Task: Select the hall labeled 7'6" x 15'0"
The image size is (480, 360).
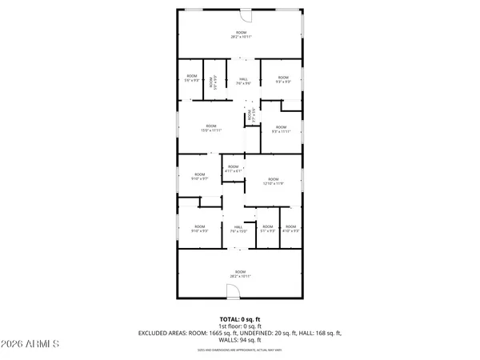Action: coord(238,230)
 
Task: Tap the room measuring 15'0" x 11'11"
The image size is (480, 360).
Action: coord(211,127)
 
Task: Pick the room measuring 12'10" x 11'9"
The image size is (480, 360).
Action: coord(273,181)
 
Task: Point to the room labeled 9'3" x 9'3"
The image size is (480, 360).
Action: coord(282,79)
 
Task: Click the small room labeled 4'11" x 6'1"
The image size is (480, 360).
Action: coord(233,169)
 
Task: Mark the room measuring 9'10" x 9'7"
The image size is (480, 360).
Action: coord(198,176)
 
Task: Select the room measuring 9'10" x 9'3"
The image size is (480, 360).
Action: coord(199,230)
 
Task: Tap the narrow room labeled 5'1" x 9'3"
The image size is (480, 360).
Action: coord(267,230)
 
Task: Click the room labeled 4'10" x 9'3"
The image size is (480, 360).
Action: coord(291,230)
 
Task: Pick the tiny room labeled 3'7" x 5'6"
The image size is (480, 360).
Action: coord(250,115)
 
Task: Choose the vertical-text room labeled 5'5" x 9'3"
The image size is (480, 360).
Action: coord(211,81)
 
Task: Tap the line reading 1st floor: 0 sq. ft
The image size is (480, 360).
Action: coord(240,326)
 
